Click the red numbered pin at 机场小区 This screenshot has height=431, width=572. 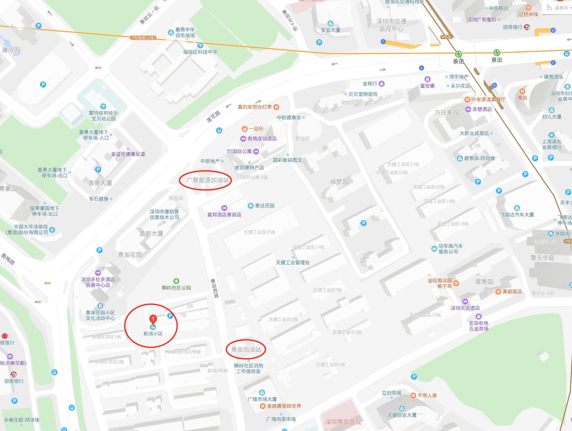click(153, 320)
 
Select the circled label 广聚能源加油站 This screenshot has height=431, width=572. click(208, 180)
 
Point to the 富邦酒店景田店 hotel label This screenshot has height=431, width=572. click(224, 215)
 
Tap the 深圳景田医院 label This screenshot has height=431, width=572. click(343, 421)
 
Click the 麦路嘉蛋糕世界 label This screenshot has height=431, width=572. click(283, 406)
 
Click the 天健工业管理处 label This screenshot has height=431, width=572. click(292, 262)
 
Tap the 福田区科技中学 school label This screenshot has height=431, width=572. click(200, 52)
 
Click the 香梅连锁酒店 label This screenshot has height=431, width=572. click(262, 139)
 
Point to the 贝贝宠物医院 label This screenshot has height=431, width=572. click(363, 94)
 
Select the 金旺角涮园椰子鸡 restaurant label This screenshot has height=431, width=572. click(440, 283)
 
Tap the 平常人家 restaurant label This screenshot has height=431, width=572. click(427, 395)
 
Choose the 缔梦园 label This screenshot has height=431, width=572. click(339, 181)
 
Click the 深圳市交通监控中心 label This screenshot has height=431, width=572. click(392, 25)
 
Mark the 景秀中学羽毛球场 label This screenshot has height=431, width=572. click(185, 33)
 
